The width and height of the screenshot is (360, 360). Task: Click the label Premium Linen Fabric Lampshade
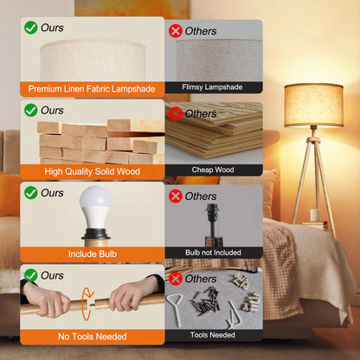click(93, 88)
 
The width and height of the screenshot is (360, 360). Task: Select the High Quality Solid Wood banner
click(93, 171)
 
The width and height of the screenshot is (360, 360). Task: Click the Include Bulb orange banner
click(93, 254)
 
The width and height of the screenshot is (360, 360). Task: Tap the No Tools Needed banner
click(93, 336)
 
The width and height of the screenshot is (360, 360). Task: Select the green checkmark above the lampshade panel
click(31, 29)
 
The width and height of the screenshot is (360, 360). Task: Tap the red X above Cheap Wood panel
click(176, 113)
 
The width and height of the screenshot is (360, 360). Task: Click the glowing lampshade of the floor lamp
click(313, 105)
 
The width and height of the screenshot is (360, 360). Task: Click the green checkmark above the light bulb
click(31, 193)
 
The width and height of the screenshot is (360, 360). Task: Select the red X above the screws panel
click(176, 278)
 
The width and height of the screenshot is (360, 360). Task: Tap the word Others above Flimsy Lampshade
click(201, 31)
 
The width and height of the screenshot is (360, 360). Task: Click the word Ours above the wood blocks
click(52, 111)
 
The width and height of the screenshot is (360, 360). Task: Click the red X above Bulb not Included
click(176, 196)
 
